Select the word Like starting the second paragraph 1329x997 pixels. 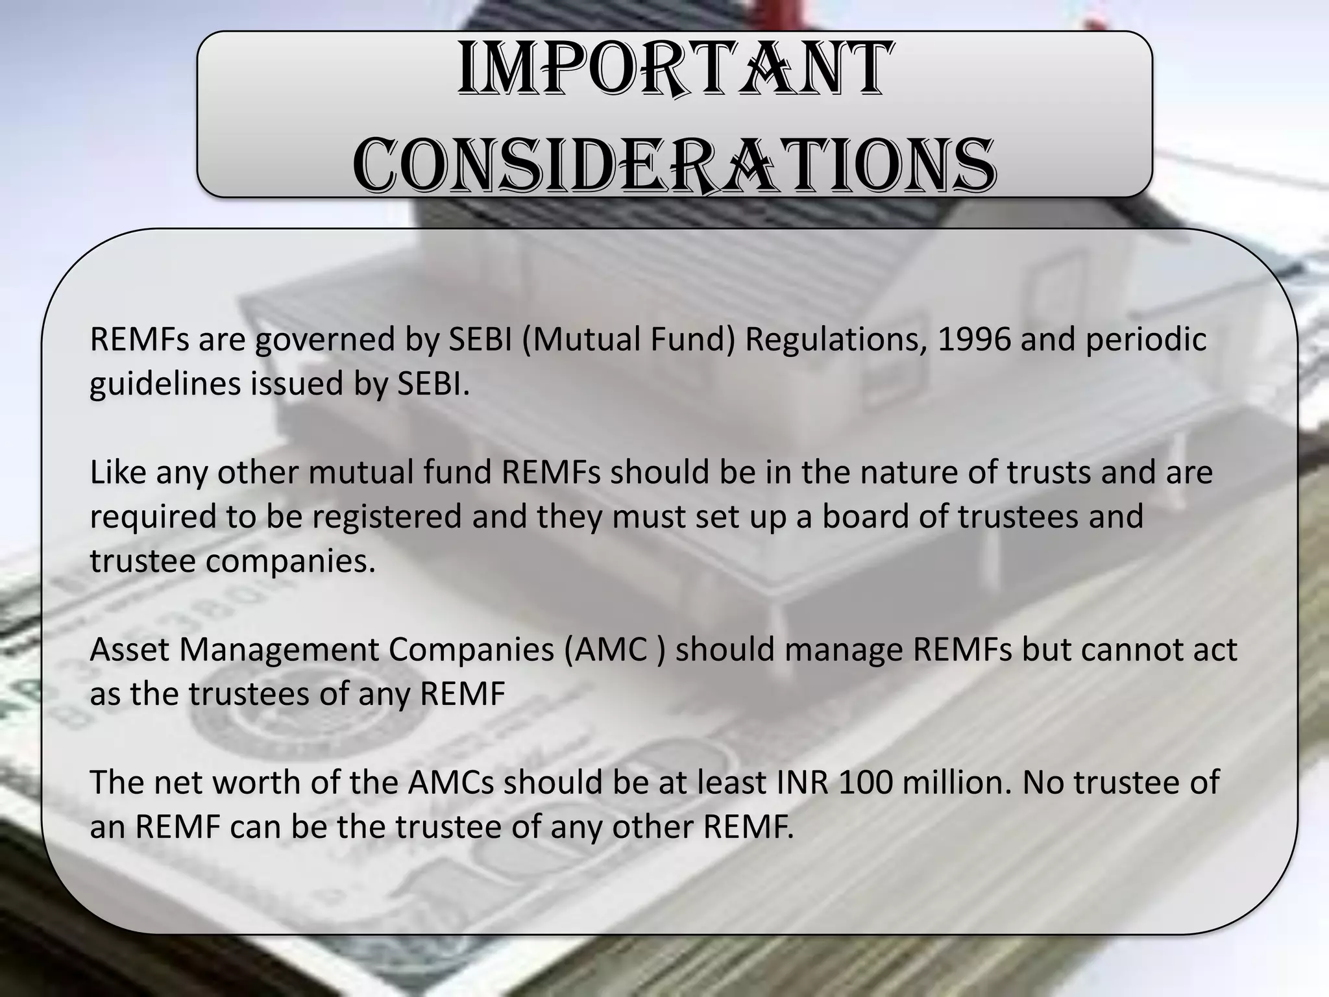(117, 472)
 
